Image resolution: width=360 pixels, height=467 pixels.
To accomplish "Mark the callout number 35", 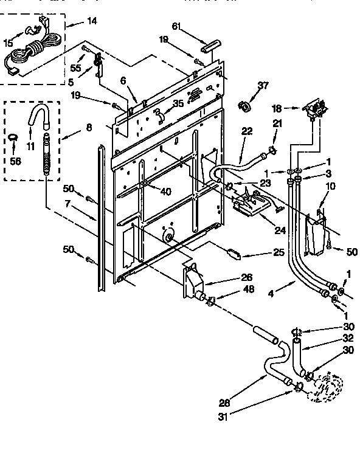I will click(x=178, y=103).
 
